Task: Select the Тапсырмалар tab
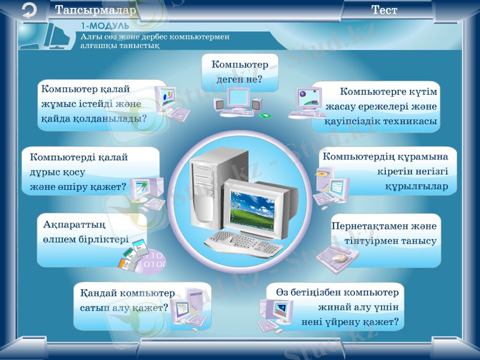97,10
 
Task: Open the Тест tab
384,10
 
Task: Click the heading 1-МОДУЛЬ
105,26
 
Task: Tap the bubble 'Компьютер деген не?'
240,71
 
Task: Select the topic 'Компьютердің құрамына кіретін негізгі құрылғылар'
387,171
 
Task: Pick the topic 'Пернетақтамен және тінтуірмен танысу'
384,233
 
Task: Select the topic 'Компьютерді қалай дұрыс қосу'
78,172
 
